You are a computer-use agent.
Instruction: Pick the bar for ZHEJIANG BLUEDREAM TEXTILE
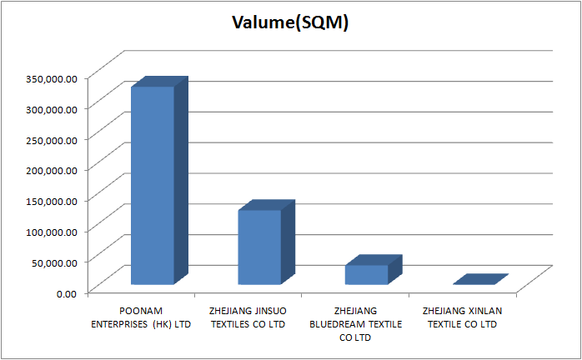pos(367,274)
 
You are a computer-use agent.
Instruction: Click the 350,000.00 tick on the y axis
pos(51,77)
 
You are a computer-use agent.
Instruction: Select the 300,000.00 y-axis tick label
pos(51,108)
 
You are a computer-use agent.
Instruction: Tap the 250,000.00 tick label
pos(51,139)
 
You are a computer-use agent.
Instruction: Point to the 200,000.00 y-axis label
pos(51,169)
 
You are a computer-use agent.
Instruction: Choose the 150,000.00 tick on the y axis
pos(51,200)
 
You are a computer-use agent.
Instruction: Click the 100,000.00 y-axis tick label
pos(51,231)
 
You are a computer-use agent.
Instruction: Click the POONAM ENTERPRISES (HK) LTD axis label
pos(141,317)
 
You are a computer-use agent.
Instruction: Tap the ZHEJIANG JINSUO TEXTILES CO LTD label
pos(248,317)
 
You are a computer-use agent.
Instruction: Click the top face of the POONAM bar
pos(159,81)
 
